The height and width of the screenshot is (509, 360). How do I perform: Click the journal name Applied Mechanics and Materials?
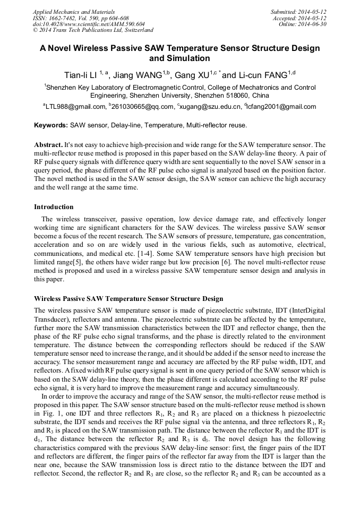pos(74,11)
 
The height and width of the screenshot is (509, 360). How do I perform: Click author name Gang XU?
pos(191,75)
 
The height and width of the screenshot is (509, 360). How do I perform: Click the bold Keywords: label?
pos(51,126)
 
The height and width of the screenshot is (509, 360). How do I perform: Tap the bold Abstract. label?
pos(48,145)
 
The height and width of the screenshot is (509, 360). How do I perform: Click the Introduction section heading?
pos(54,206)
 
